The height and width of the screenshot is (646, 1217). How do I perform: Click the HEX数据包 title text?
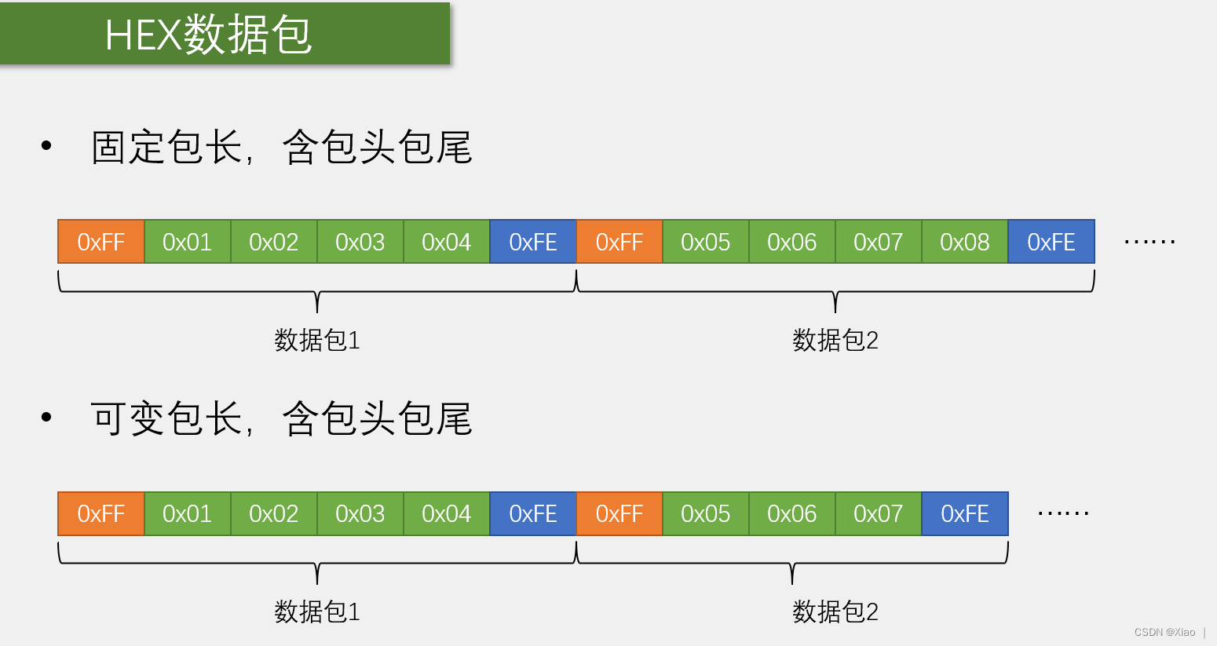(x=208, y=35)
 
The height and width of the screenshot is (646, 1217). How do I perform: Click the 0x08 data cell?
(x=964, y=242)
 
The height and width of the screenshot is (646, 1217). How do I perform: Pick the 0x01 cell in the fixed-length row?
(x=187, y=242)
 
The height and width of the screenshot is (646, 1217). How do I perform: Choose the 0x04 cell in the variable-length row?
(x=446, y=513)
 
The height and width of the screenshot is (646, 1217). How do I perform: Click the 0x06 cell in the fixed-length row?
(x=791, y=242)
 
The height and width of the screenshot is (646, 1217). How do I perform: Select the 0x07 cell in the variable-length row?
(x=878, y=513)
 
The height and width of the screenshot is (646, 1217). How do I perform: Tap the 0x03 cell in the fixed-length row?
(x=360, y=242)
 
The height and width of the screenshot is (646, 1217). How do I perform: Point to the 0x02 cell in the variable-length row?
(x=273, y=513)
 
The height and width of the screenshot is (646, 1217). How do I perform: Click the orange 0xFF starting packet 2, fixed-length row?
(x=619, y=242)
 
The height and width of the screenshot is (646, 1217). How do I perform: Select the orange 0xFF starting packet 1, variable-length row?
(x=101, y=513)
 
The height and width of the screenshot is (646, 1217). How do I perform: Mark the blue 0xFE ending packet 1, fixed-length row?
(x=532, y=242)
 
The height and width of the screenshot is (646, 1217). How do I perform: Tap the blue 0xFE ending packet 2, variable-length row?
(x=964, y=513)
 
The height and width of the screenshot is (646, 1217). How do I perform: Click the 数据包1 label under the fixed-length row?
(x=317, y=341)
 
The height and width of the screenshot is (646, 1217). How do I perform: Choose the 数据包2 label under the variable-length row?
(x=835, y=611)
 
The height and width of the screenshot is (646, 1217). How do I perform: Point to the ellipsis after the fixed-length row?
(x=1149, y=243)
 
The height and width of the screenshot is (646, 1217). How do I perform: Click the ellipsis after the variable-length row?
(x=1063, y=514)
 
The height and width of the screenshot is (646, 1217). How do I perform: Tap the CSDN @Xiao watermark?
(x=1164, y=632)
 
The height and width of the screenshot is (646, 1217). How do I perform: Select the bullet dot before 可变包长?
(x=46, y=417)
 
